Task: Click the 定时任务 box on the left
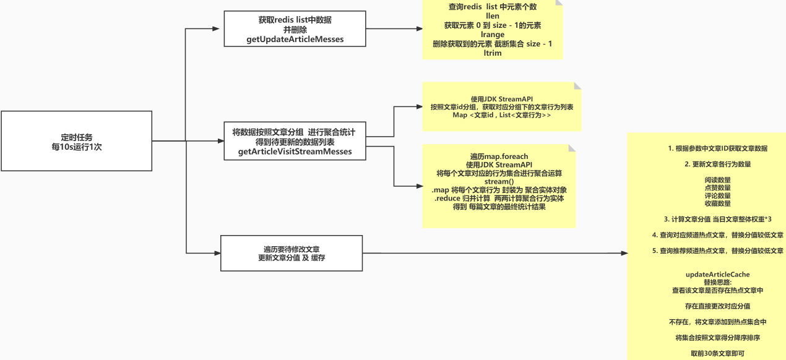point(77,141)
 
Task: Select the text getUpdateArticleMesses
point(295,40)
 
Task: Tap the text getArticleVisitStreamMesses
point(295,152)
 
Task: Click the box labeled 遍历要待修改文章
point(292,252)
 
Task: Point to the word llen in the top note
point(493,16)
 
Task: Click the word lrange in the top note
point(493,35)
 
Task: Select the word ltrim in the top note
point(493,53)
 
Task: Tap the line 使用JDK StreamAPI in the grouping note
point(502,98)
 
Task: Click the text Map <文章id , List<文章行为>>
point(502,115)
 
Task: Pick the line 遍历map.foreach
point(499,156)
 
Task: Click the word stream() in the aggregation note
point(499,181)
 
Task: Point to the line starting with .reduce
point(499,198)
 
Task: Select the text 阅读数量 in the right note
point(717,180)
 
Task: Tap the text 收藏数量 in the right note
point(717,203)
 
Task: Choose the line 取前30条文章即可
point(717,354)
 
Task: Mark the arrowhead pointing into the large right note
point(623,253)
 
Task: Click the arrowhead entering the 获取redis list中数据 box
point(216,28)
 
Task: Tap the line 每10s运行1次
point(77,147)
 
